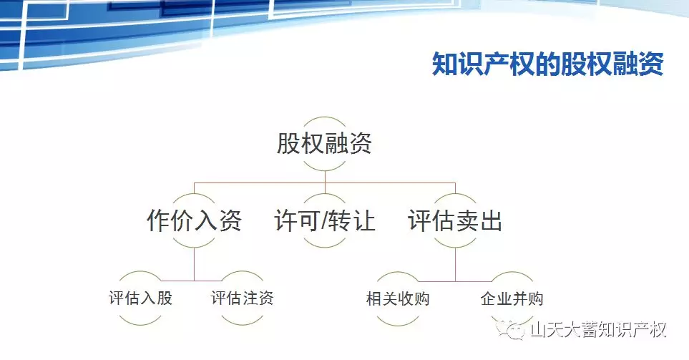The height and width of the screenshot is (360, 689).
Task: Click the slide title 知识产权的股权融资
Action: (547, 64)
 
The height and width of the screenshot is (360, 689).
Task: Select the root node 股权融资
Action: (325, 143)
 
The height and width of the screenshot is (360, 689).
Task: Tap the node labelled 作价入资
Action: (194, 220)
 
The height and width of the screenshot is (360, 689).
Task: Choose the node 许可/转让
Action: (325, 220)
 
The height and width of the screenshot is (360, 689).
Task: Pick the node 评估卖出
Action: (455, 220)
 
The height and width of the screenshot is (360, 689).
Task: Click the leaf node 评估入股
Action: (141, 298)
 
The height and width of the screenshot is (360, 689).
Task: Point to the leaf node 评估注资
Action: (242, 298)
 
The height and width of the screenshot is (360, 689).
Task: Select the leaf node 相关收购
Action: (398, 299)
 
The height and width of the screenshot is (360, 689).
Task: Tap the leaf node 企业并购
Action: (512, 299)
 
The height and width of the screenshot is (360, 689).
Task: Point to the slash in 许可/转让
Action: (324, 220)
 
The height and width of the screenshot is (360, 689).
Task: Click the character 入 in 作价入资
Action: (206, 220)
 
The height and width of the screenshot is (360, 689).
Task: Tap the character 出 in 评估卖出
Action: (491, 220)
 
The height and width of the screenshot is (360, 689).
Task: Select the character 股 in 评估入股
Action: (165, 298)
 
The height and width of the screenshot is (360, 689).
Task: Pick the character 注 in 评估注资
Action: (250, 298)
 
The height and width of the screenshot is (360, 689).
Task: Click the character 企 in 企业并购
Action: (488, 299)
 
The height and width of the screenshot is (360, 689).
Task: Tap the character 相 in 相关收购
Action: (374, 299)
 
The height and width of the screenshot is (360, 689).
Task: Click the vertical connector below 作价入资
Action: (194, 263)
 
